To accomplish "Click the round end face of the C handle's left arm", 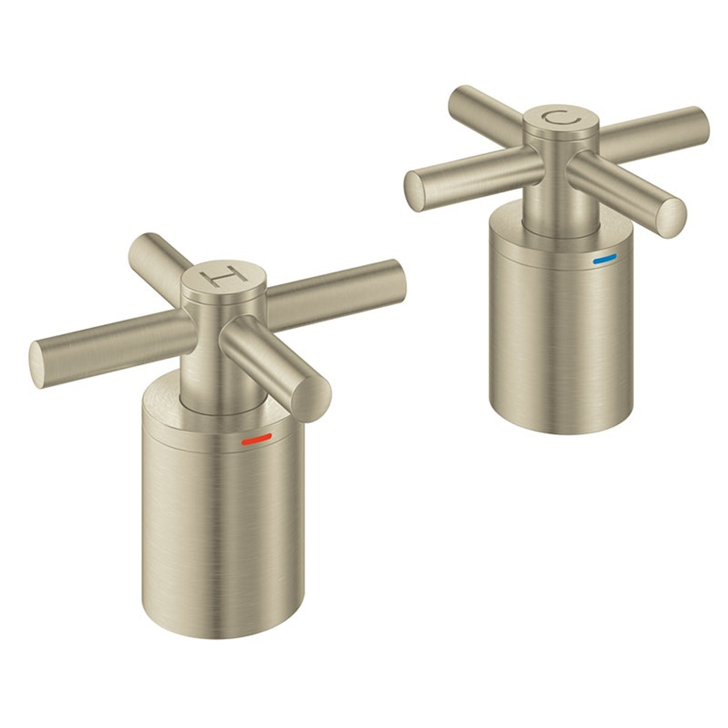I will [415, 192].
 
